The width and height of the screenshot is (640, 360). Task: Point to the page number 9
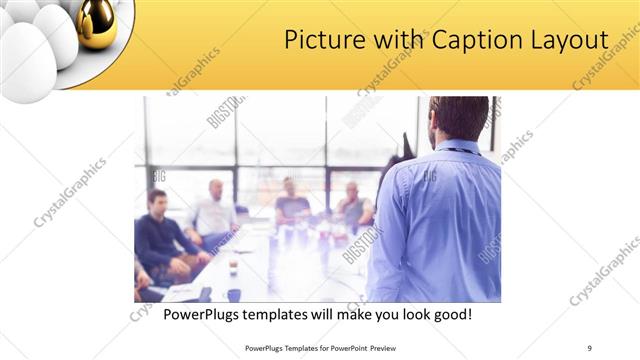coord(589,347)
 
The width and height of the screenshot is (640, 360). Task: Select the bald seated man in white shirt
coord(214,212)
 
